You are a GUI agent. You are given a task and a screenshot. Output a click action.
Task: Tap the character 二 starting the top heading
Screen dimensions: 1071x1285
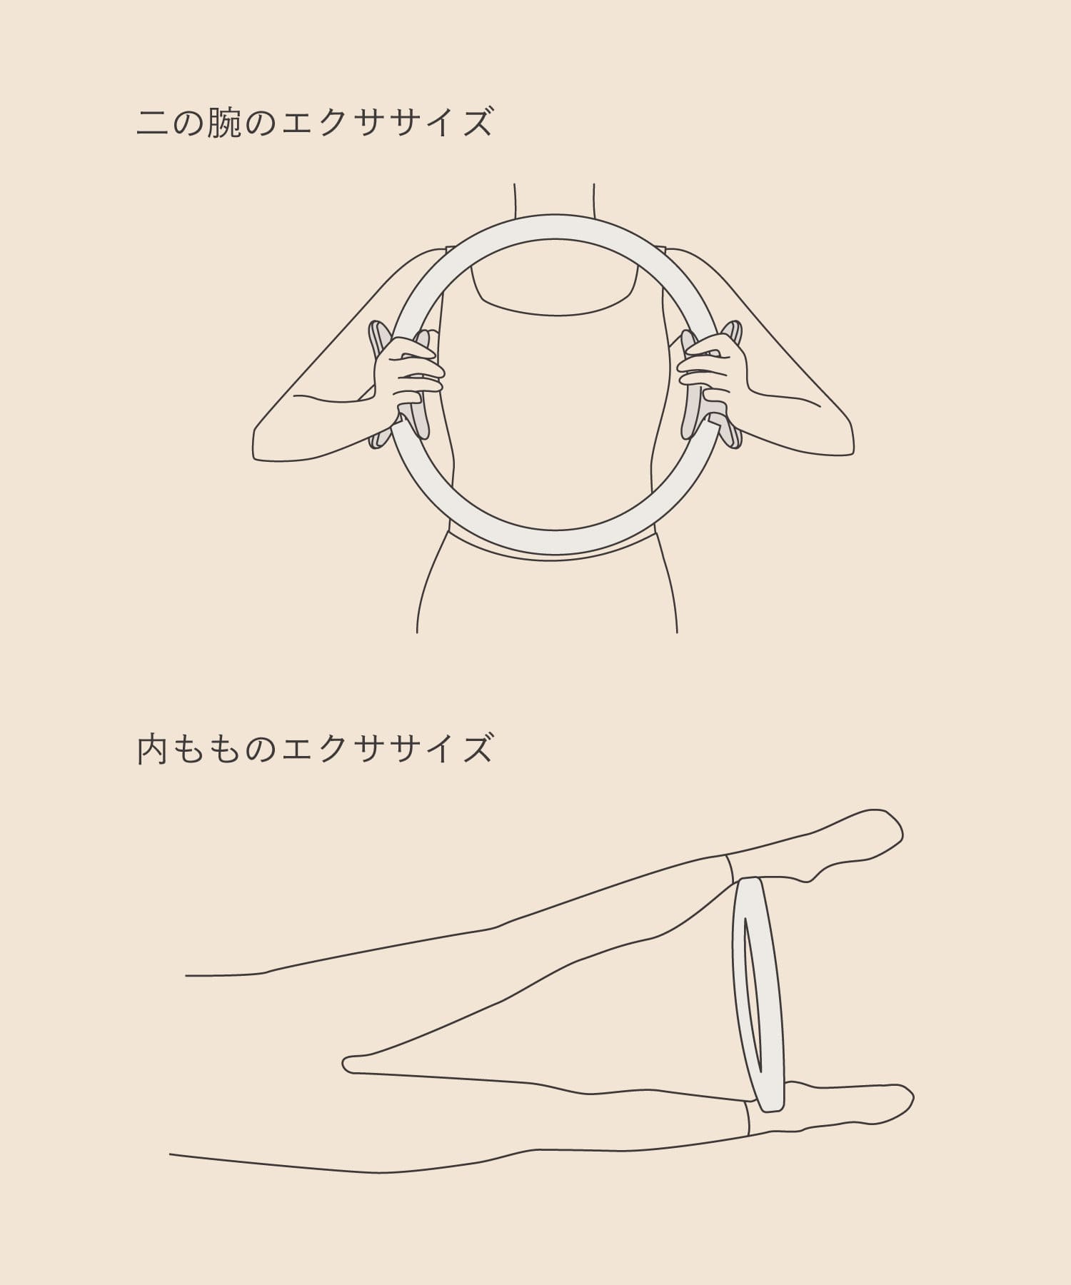153,123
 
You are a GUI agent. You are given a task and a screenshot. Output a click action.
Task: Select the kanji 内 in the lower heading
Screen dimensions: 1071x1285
153,750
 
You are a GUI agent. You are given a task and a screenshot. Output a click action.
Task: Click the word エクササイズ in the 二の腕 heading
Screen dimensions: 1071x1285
387,122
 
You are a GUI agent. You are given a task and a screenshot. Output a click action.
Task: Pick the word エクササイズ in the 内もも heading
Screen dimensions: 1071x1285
387,750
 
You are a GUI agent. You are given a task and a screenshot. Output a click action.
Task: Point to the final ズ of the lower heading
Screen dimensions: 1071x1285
476,750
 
